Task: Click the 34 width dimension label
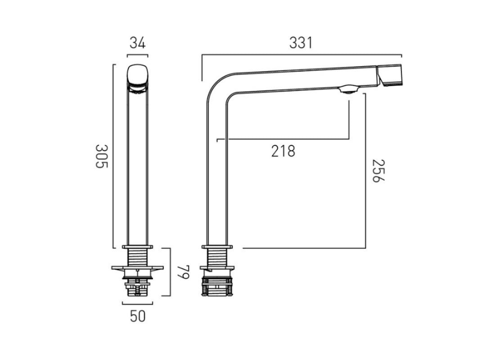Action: [137, 43]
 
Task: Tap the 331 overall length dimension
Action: [301, 43]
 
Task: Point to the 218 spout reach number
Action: [283, 151]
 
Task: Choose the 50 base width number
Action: [138, 316]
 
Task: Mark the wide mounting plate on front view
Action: [138, 269]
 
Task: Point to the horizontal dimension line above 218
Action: [283, 139]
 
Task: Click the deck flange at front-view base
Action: [138, 247]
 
